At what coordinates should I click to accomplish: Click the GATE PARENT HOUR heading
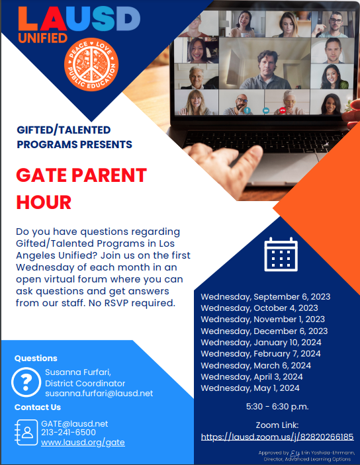point(81,188)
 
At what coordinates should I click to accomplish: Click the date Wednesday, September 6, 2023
point(265,296)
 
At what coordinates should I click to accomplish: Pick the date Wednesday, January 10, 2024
point(261,342)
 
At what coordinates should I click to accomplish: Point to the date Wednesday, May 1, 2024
point(250,388)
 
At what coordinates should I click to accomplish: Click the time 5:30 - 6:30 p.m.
point(277,406)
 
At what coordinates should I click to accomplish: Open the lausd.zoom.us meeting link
point(277,437)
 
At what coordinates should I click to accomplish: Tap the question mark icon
point(27,382)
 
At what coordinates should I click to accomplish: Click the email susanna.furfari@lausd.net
point(99,393)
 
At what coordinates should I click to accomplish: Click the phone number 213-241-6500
point(68,433)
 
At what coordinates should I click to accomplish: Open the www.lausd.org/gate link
point(83,442)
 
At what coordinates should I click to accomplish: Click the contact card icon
point(26,432)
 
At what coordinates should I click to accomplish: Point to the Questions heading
point(36,358)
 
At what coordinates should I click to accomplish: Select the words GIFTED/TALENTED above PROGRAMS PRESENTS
point(64,130)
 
